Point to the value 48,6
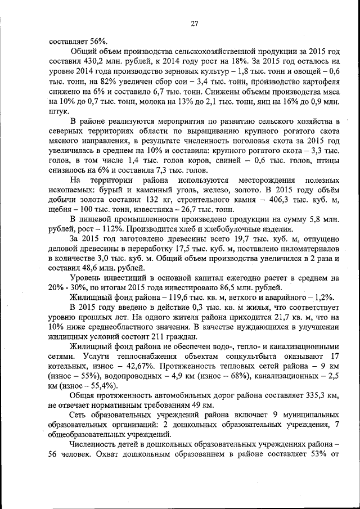click(86, 268)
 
